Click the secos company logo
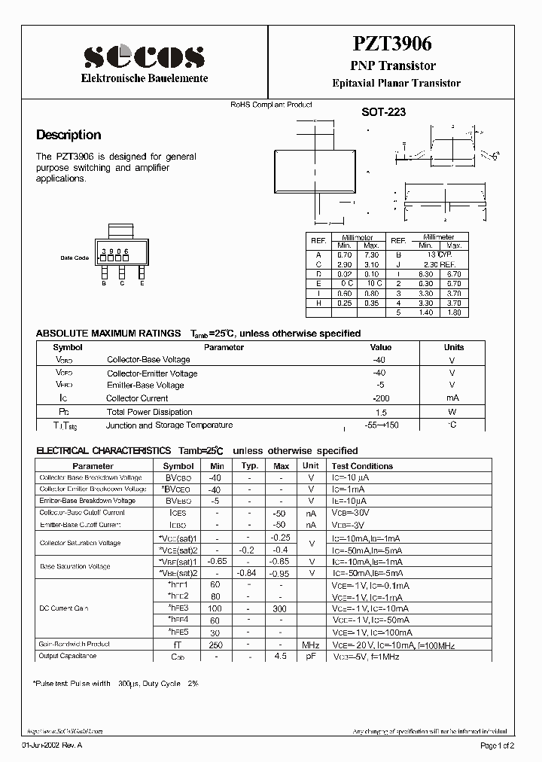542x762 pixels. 144,56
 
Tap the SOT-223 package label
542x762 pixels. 384,112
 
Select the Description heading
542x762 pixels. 69,136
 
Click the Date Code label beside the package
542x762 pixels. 75,258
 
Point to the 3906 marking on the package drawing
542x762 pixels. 115,251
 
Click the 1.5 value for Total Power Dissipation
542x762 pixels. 381,412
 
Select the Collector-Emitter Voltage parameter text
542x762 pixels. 152,373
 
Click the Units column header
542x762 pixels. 453,348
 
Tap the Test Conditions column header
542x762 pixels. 362,466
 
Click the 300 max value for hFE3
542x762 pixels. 281,608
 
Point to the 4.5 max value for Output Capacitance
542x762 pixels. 281,657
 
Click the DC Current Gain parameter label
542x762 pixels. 64,608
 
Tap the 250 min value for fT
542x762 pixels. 216,645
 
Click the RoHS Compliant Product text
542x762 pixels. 271,105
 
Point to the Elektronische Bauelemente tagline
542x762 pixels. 144,79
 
